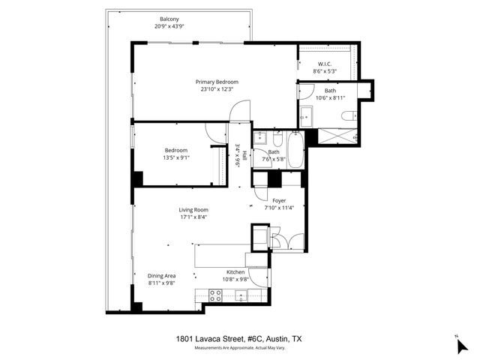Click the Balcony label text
169,19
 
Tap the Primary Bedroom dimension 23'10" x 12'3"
217,89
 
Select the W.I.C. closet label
324,63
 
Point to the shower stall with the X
337,136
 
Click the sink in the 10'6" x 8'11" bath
306,116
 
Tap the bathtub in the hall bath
294,150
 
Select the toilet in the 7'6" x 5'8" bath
277,140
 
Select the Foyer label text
278,200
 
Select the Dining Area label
160,275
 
